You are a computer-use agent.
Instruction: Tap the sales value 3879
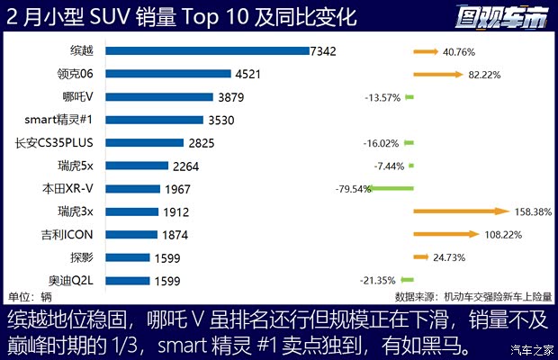pyautogui.click(x=230, y=97)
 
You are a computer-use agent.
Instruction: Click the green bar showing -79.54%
pyautogui.click(x=390, y=189)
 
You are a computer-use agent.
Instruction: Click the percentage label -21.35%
pyautogui.click(x=379, y=281)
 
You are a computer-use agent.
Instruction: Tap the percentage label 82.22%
pyautogui.click(x=484, y=74)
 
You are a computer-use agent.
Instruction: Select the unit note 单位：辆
pyautogui.click(x=30, y=297)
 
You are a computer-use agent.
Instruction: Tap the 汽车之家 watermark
pyautogui.click(x=531, y=350)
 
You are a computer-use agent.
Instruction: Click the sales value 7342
pyautogui.click(x=321, y=51)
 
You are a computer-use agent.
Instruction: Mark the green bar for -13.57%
pyautogui.click(x=409, y=97)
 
